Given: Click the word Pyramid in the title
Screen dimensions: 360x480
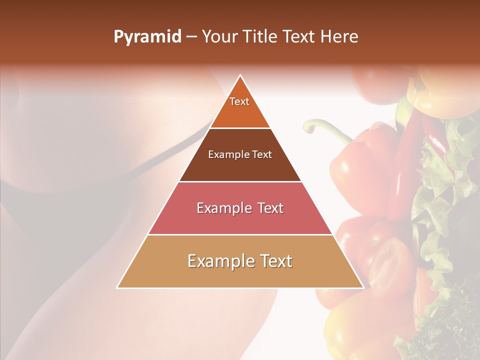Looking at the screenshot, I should tap(147, 37).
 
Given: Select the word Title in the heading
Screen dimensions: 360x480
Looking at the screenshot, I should tap(261, 37).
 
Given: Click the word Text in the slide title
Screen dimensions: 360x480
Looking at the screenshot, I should tap(299, 37).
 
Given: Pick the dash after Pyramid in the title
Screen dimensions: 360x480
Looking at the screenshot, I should tap(191, 37).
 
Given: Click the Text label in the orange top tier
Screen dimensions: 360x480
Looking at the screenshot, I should tap(239, 101).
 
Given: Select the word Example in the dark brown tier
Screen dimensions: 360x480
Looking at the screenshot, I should tap(225, 155).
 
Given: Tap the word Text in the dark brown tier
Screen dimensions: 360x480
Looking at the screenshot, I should tap(262, 155).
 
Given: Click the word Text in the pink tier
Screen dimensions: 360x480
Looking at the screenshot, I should tap(270, 208).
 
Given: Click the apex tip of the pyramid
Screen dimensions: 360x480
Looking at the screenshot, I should tap(240, 75).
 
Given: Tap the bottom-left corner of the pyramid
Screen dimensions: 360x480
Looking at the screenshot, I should tap(117, 288).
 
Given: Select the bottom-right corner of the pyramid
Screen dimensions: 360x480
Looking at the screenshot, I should tap(363, 288).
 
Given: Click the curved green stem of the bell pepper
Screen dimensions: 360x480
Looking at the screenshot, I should tap(325, 128).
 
